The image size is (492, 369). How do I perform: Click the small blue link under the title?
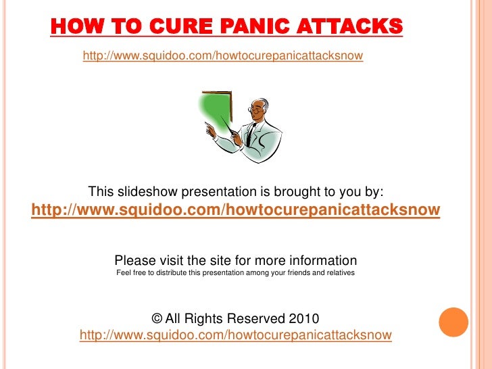[x=222, y=55]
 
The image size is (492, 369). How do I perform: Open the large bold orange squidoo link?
[x=235, y=210]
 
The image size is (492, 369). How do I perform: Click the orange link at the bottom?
[x=235, y=335]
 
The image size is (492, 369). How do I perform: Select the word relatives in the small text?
[x=338, y=273]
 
